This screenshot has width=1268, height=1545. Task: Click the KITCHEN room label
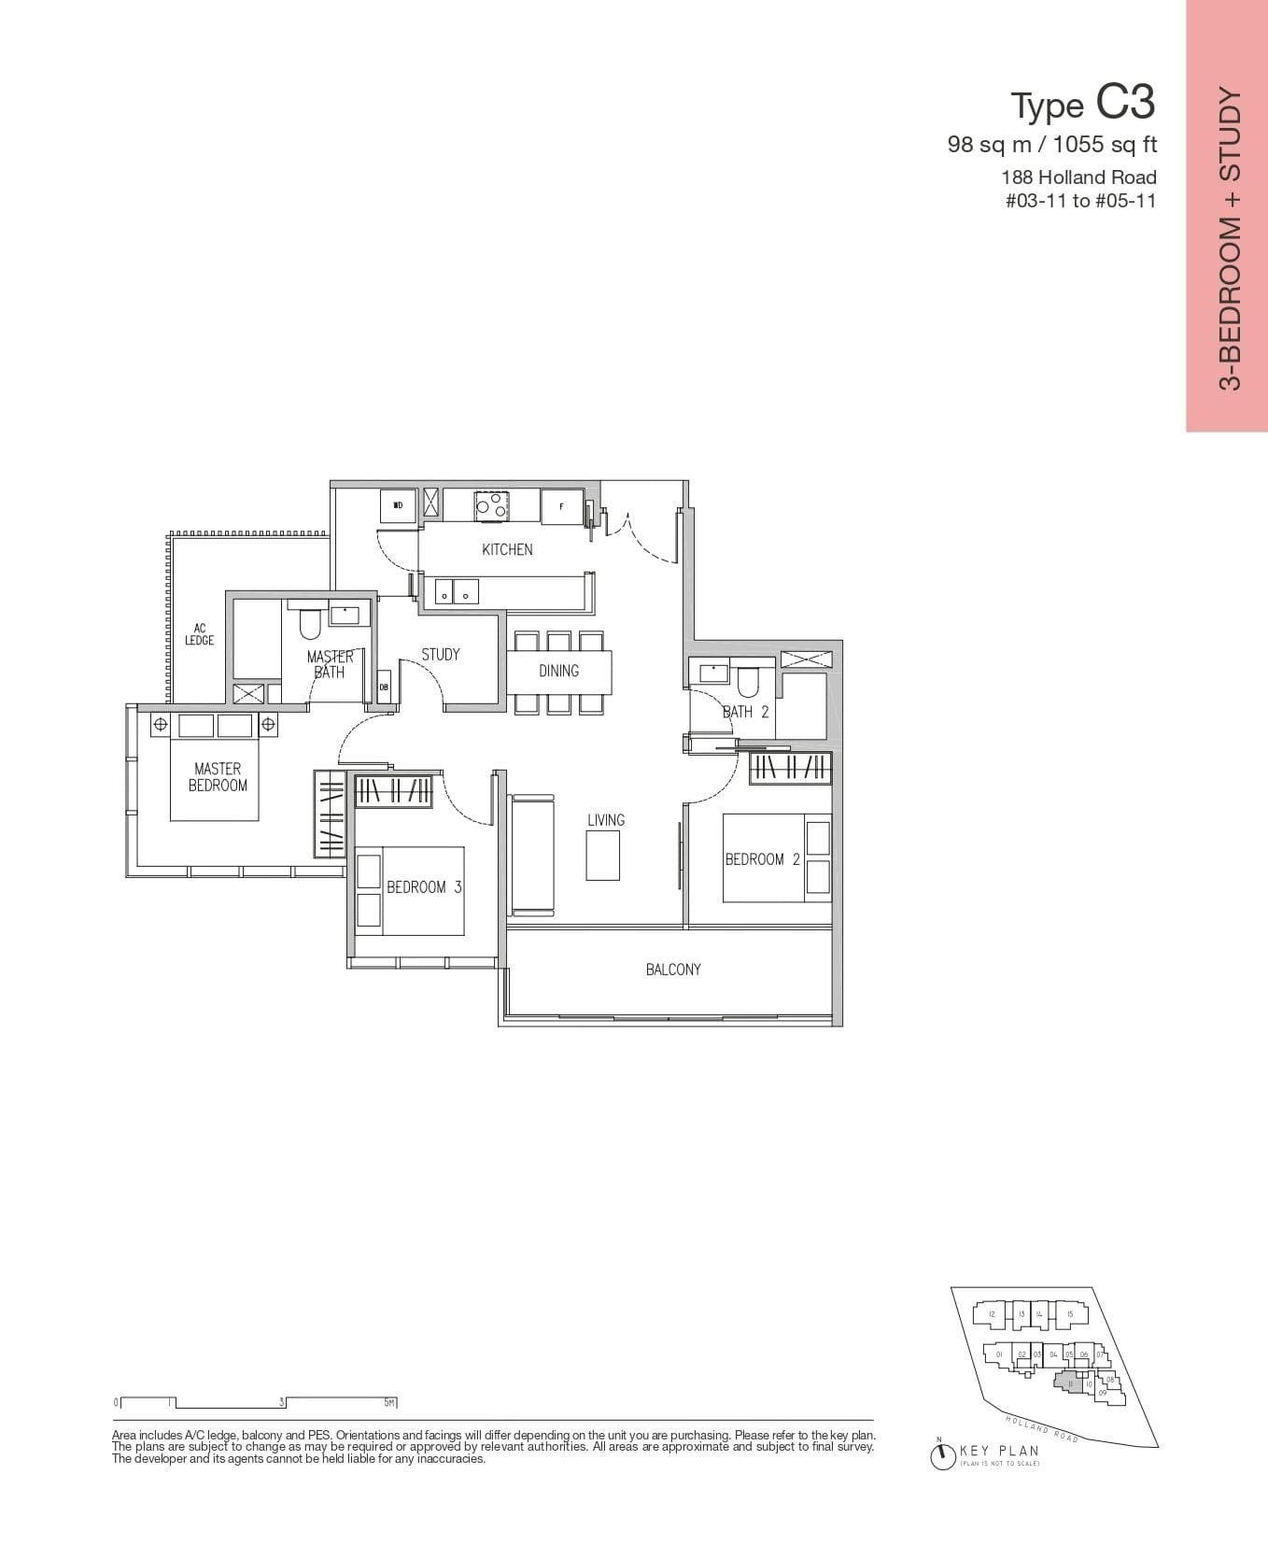tap(507, 549)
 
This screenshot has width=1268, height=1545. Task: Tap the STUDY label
tap(440, 655)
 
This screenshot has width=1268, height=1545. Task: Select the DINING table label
tap(558, 671)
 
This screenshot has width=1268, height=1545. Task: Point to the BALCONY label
tap(672, 970)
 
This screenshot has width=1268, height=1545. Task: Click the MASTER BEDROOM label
tap(218, 777)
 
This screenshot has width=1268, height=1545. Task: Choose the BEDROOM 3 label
tap(424, 887)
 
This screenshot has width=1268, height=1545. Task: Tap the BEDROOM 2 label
tap(762, 859)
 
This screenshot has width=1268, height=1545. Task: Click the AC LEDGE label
tap(199, 635)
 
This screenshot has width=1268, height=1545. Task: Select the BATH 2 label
tap(745, 712)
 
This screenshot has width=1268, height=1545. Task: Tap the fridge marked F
tap(561, 505)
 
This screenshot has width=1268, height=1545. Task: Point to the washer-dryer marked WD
tap(398, 505)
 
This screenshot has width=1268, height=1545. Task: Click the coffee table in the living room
tap(603, 856)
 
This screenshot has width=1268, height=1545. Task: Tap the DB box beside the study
tap(384, 687)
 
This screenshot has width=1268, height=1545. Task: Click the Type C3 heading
tap(1083, 104)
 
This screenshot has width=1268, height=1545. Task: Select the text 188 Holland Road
tap(1078, 177)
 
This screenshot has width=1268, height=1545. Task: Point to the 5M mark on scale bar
tap(390, 1403)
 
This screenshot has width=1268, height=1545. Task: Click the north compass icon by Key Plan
tap(942, 1455)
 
